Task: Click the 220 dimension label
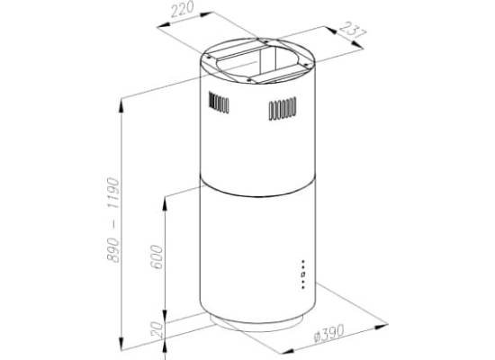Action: (x=182, y=10)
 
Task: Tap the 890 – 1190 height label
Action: (x=112, y=220)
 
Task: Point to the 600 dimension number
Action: (x=157, y=257)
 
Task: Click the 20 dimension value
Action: (x=157, y=329)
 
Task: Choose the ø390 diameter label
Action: (x=328, y=333)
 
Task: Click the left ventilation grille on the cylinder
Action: (x=219, y=103)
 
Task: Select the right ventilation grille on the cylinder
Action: (x=283, y=109)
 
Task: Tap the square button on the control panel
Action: (x=303, y=274)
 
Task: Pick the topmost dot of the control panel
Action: (x=303, y=262)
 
